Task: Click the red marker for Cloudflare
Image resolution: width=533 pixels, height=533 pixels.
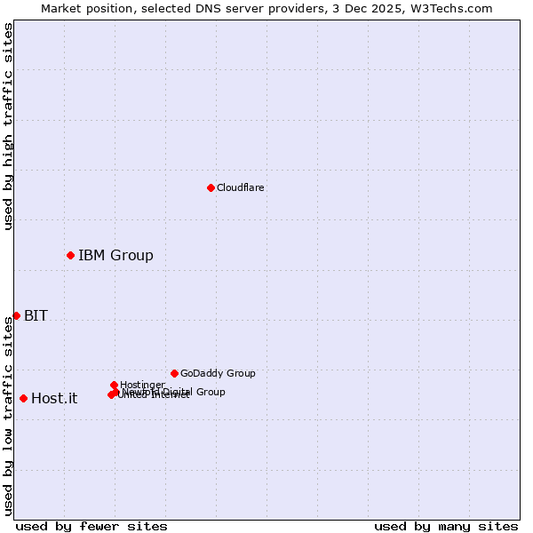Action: (211, 187)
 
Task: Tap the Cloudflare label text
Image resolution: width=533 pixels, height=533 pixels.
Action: (241, 187)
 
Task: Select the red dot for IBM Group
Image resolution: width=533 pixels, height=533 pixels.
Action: (70, 255)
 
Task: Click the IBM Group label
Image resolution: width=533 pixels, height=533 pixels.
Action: (115, 256)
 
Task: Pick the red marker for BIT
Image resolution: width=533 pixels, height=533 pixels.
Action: (16, 315)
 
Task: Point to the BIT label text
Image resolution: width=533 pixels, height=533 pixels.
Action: (36, 315)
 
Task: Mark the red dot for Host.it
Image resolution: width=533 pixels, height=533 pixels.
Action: (23, 398)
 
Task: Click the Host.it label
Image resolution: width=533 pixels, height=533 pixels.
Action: (54, 398)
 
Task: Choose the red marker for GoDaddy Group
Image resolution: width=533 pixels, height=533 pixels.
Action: (174, 373)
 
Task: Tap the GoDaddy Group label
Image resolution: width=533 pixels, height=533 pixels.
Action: (218, 373)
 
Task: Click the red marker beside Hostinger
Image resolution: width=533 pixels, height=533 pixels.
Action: (114, 385)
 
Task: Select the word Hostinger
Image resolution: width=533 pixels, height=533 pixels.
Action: (143, 385)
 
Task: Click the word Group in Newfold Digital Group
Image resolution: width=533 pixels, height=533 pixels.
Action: (210, 392)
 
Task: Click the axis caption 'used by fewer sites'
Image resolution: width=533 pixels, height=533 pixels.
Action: (91, 527)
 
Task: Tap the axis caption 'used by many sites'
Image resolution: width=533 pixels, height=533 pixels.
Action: (446, 527)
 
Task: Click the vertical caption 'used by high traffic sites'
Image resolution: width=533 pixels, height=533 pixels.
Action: (8, 126)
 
